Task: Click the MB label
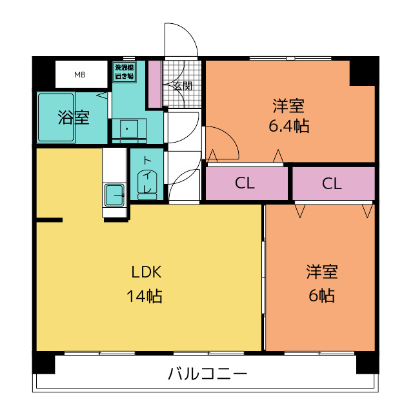(x=80, y=75)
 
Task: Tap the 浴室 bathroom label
(x=74, y=117)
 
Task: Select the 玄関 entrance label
(x=183, y=86)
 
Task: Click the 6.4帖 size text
(x=289, y=126)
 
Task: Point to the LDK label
(x=146, y=272)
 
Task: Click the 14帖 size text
(x=145, y=296)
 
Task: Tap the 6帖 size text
(x=321, y=296)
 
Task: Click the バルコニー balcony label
(x=208, y=374)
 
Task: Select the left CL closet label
(x=245, y=183)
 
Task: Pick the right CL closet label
(x=332, y=183)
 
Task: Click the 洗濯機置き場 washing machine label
(x=125, y=72)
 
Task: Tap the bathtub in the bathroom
(x=56, y=117)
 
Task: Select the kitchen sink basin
(x=115, y=195)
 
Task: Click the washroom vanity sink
(x=129, y=129)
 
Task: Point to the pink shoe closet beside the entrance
(x=155, y=84)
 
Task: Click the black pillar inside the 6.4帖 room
(x=363, y=72)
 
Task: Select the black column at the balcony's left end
(x=43, y=363)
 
